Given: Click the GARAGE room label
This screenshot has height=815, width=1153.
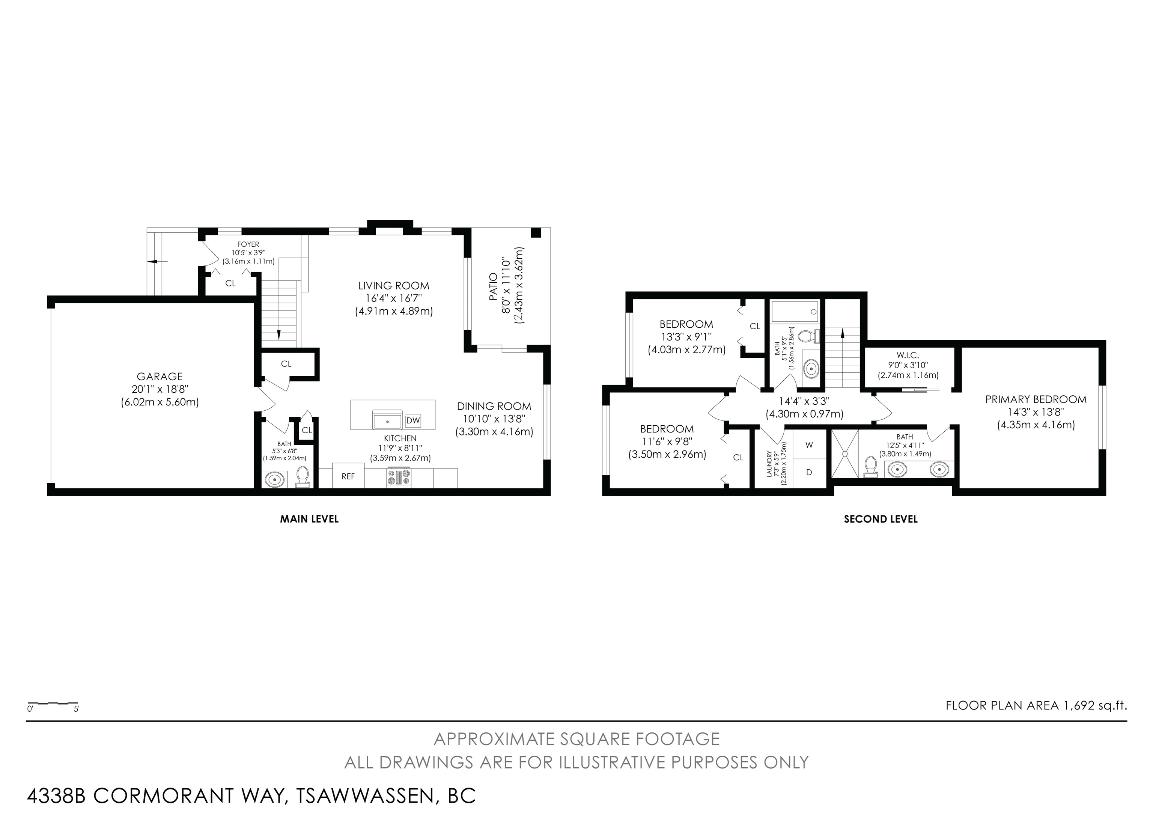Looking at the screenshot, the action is coord(160,376).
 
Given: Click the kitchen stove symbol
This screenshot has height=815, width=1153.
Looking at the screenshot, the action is coord(399,478).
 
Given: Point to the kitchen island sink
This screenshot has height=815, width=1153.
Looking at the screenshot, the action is coord(387,419).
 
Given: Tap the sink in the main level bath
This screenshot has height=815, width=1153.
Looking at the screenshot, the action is coord(275,479).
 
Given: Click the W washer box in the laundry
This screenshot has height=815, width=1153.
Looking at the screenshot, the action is coord(809,445).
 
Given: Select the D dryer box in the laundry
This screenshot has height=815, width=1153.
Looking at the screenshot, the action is coord(809,473).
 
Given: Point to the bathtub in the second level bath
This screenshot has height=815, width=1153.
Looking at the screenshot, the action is coord(795,311).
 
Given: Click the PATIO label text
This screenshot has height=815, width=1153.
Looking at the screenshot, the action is coord(493,287).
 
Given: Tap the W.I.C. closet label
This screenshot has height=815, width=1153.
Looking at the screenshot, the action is coord(908,355).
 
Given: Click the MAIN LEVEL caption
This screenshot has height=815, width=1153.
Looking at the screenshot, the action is coord(309,519).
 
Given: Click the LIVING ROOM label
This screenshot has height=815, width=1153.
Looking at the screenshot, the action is coord(394,286).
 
